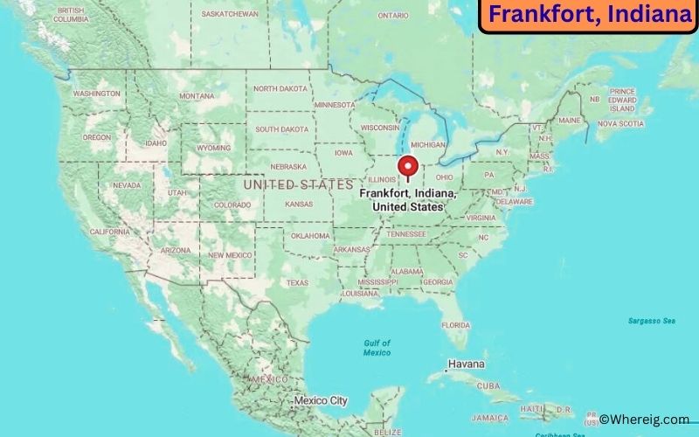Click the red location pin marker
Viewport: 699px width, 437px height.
pyautogui.click(x=407, y=166)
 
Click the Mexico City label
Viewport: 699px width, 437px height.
pyautogui.click(x=320, y=401)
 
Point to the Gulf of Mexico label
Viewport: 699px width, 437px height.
pyautogui.click(x=377, y=347)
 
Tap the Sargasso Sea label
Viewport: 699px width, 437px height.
pyautogui.click(x=651, y=321)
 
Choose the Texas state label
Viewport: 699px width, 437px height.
pyautogui.click(x=297, y=282)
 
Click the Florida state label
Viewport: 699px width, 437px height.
pyautogui.click(x=455, y=324)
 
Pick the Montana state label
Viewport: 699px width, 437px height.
pyautogui.click(x=197, y=96)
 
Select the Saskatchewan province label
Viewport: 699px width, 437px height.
pyautogui.click(x=230, y=14)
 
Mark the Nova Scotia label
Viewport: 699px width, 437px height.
pyautogui.click(x=620, y=124)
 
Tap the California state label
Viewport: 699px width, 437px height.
pyautogui.click(x=109, y=232)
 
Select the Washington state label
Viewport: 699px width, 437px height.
pyautogui.click(x=96, y=94)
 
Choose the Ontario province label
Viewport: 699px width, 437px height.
pyautogui.click(x=393, y=15)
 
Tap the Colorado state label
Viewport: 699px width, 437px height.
pyautogui.click(x=232, y=205)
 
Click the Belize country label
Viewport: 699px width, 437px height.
pyautogui.click(x=387, y=432)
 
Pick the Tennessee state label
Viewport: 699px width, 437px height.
pyautogui.click(x=406, y=234)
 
